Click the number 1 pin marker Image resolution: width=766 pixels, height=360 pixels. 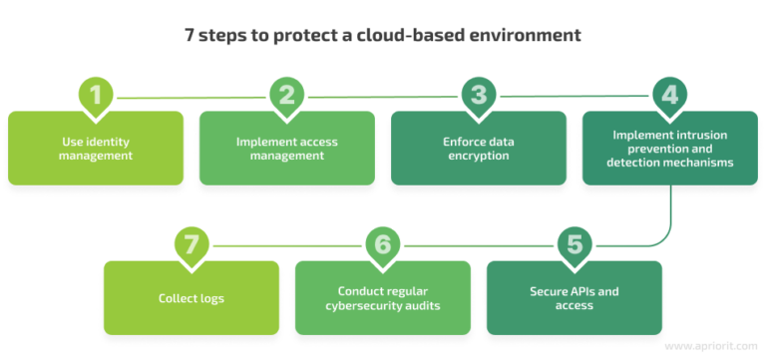96,96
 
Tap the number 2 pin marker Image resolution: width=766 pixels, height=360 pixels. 287,96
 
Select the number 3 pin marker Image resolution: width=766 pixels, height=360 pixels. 479,96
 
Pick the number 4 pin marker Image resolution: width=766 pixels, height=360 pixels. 670,96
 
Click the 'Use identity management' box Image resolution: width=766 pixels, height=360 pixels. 96,149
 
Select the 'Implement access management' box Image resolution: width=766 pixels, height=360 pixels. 287,149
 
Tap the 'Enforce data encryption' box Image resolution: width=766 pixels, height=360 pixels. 479,149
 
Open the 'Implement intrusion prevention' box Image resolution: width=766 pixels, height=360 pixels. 670,149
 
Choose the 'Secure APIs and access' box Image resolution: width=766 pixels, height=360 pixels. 574,298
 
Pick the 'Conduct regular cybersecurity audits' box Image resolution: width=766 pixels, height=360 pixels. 383,298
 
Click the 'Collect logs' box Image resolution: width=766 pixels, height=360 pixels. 191,298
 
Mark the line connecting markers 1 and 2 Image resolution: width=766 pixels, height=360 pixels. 191,97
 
